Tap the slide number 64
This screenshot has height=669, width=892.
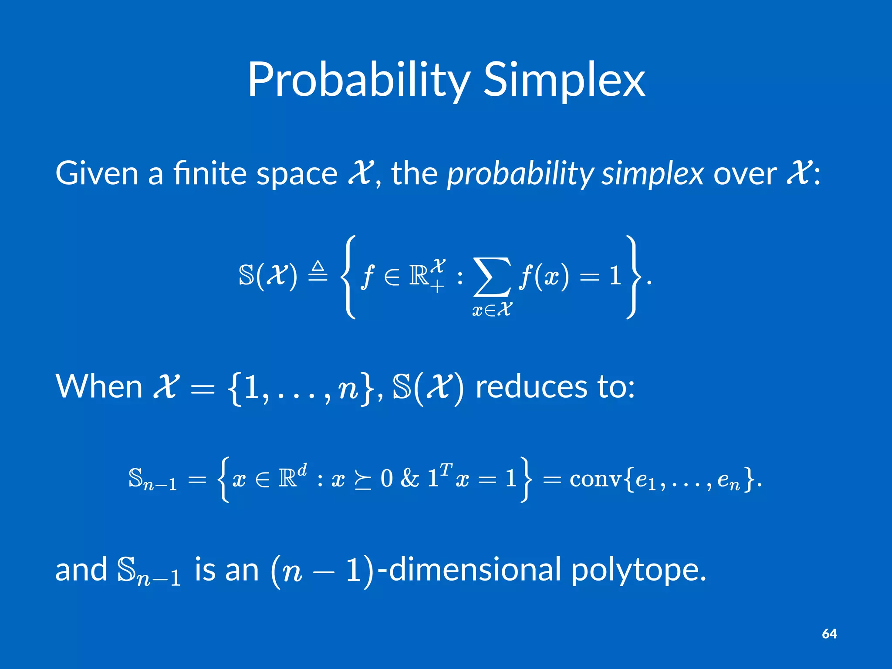coord(829,634)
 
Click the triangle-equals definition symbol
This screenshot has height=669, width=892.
coord(318,272)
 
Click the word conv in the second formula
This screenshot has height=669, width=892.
coord(595,479)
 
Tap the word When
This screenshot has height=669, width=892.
coord(99,387)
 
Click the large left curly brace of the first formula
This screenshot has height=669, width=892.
coord(348,277)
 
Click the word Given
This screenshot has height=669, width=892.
coord(97,173)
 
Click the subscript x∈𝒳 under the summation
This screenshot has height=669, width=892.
coord(492,310)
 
